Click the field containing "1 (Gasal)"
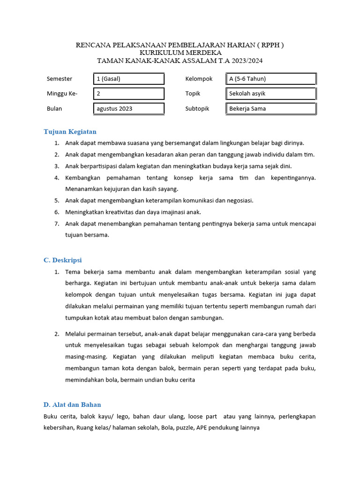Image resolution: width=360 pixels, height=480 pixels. coord(129,79)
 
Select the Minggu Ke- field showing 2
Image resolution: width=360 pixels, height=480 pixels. coord(129,94)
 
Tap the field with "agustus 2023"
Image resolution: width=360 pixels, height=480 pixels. coord(129,109)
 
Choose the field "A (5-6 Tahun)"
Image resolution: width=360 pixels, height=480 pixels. coord(270,79)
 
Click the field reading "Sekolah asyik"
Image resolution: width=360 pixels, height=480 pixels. coord(270,94)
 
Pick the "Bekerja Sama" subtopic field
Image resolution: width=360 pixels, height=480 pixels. coord(270,109)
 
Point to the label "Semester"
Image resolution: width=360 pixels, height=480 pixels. coord(60,79)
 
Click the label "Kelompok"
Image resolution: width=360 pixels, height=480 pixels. coord(199,79)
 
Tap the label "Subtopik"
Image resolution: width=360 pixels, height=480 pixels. coord(197,109)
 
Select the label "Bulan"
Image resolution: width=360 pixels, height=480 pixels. coord(54,109)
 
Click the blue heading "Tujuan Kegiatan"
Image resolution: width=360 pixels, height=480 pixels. coord(70,132)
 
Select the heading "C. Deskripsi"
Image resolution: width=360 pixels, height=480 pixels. coord(63,260)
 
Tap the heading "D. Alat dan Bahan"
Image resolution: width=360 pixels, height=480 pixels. coord(72,405)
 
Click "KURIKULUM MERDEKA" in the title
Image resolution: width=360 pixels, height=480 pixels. coord(180,53)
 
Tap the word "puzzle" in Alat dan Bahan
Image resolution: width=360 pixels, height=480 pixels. coord(184,428)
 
